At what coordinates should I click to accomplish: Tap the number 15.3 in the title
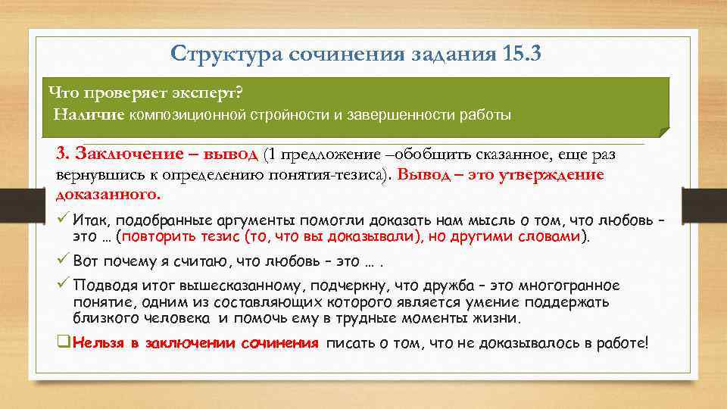(x=520, y=54)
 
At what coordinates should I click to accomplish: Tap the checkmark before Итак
(x=64, y=220)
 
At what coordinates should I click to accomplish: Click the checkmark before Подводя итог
(x=64, y=286)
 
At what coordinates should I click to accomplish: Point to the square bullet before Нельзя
(x=64, y=342)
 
